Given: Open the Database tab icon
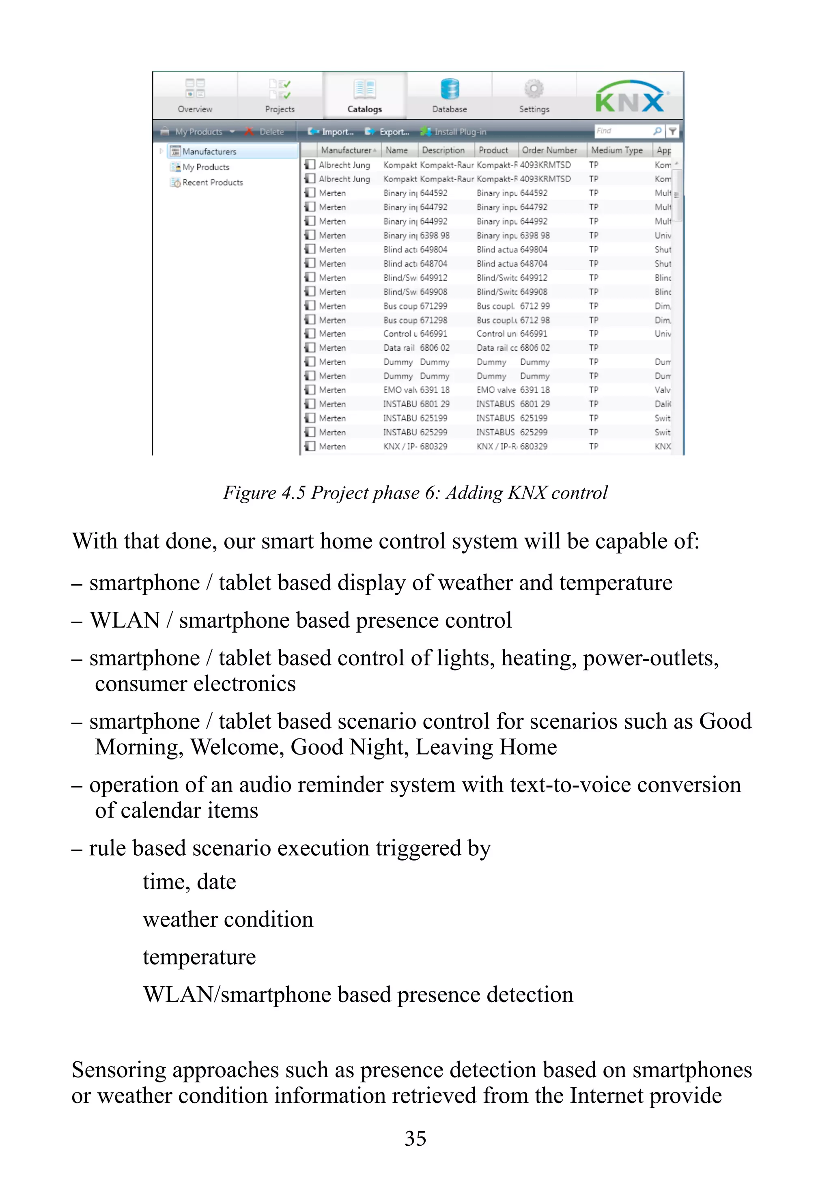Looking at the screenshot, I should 450,89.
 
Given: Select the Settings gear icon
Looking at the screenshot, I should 534,89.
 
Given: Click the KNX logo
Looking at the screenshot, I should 630,97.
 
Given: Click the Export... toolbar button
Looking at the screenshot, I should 388,132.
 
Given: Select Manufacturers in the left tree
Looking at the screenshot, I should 209,151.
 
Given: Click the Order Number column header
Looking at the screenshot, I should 549,151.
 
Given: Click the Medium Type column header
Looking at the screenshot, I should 616,151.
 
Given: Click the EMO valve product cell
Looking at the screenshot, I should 495,390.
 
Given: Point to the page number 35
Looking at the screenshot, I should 415,1138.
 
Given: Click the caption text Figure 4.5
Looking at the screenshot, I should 265,493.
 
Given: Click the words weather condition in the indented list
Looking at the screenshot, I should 228,920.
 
